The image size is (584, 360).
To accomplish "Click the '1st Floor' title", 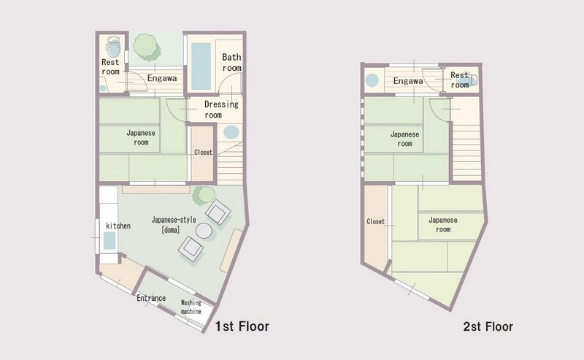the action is click(x=242, y=326).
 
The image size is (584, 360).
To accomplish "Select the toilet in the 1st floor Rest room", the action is click(x=113, y=46).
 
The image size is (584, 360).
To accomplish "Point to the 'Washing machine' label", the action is click(x=191, y=307).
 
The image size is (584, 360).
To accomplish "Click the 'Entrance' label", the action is click(x=151, y=298).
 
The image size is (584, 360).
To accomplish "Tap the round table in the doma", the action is click(x=204, y=231).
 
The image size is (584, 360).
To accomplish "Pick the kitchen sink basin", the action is click(x=109, y=240).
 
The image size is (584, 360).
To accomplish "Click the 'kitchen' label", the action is click(x=118, y=226).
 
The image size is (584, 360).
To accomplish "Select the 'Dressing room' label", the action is click(x=221, y=110).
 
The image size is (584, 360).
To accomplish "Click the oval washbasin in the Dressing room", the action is click(x=231, y=132).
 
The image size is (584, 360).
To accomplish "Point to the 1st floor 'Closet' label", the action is click(x=203, y=153).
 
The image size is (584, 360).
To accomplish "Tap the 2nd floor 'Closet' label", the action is click(x=375, y=222).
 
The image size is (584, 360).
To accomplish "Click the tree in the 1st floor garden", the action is click(x=147, y=47).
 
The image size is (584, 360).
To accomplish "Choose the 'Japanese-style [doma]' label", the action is click(x=174, y=224).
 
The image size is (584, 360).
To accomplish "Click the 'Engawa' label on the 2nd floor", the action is click(x=408, y=81).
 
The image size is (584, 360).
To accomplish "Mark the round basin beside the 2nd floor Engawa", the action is click(x=372, y=80).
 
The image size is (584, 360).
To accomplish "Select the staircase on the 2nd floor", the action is click(x=466, y=153).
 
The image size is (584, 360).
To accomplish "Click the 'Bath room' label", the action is click(x=231, y=62).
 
